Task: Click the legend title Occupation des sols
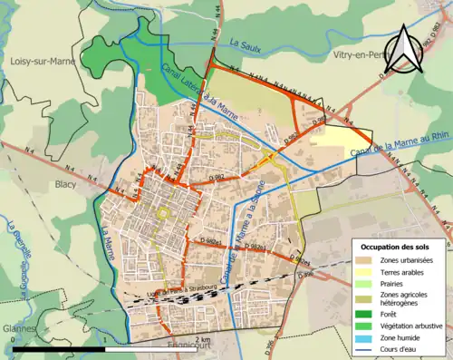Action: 395,247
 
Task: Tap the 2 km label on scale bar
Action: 206,339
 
